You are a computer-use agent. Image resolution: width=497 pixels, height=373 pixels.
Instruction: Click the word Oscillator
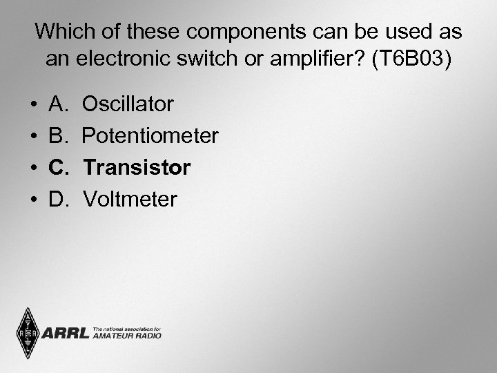click(x=128, y=105)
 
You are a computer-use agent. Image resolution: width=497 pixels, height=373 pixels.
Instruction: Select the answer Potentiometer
click(x=150, y=136)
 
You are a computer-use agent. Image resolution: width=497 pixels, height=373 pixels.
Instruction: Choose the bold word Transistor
click(x=137, y=168)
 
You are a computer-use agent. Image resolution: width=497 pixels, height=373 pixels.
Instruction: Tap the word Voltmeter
click(x=130, y=200)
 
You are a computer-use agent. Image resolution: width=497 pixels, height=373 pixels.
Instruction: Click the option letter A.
click(x=57, y=105)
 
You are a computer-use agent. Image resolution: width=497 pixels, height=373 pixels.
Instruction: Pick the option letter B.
click(x=57, y=136)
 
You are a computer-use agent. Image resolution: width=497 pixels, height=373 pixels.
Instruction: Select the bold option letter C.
click(x=57, y=168)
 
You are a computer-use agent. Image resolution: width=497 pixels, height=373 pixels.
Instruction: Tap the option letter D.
click(x=57, y=200)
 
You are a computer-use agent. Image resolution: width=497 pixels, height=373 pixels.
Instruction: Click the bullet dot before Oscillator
click(x=34, y=106)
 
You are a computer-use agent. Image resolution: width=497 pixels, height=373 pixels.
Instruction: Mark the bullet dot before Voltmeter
click(x=34, y=200)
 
